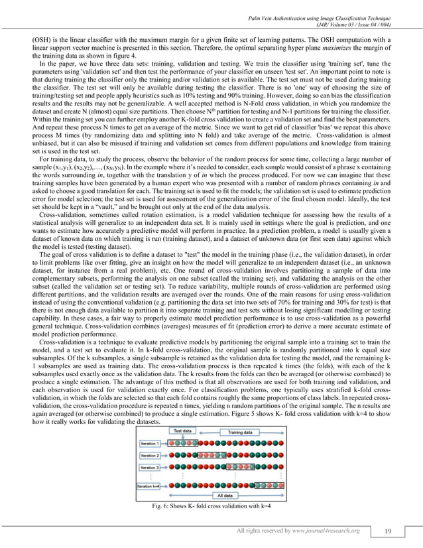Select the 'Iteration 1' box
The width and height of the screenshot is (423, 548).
click(149, 442)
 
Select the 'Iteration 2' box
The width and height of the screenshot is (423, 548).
click(149, 456)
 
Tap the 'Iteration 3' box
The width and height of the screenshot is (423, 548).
click(149, 468)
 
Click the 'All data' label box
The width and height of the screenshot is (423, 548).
click(226, 496)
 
